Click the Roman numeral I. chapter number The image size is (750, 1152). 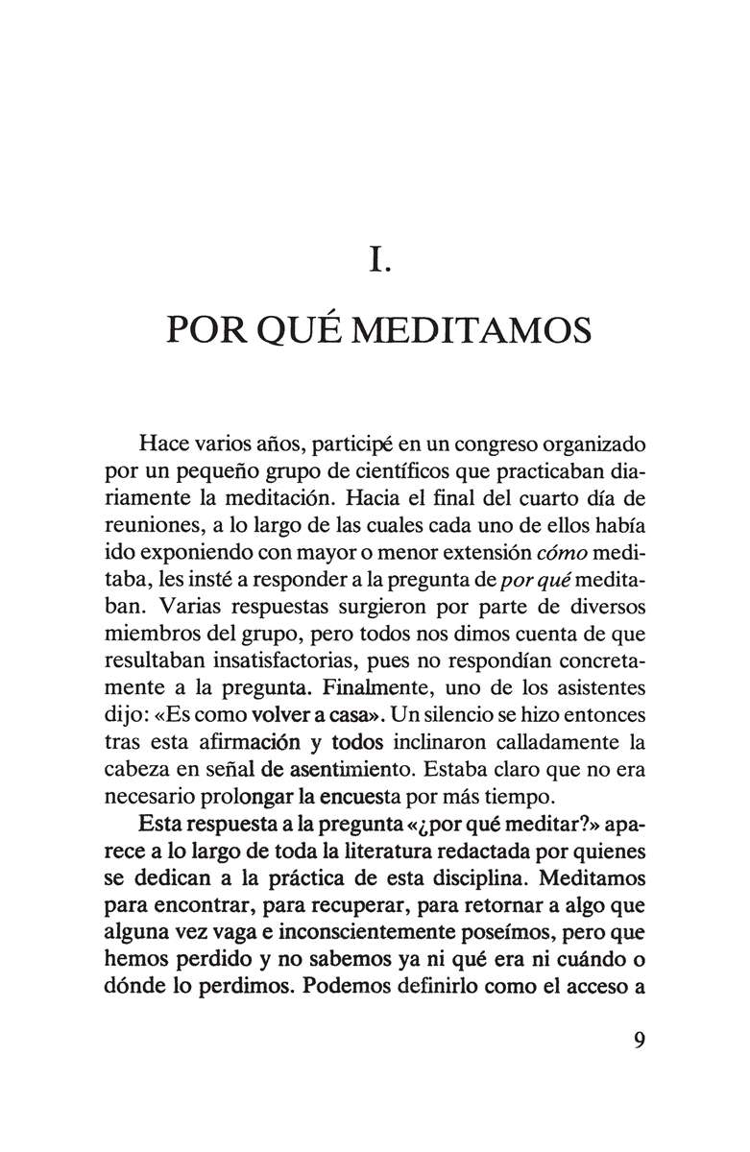[376, 260]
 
